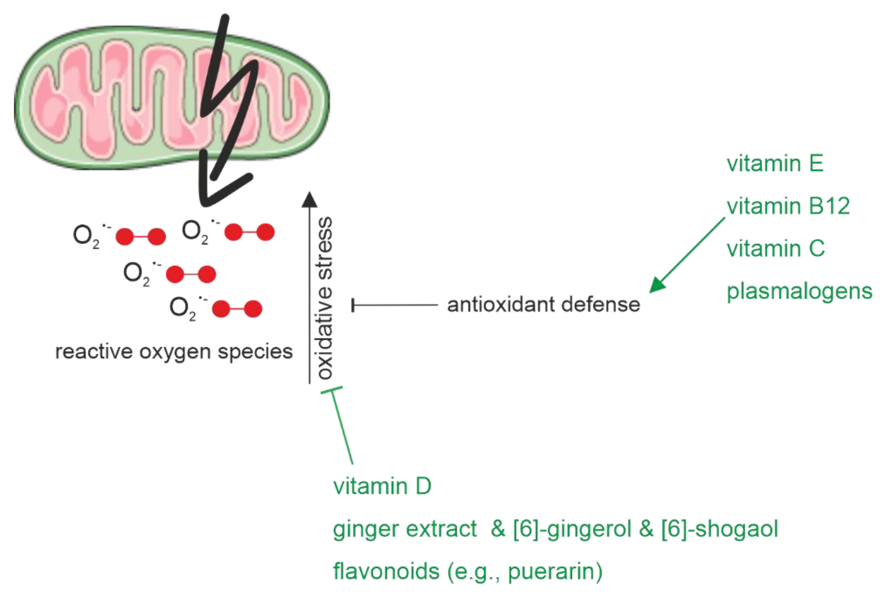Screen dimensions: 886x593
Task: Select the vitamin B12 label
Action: pyautogui.click(x=788, y=206)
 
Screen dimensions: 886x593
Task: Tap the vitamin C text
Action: pyautogui.click(x=776, y=248)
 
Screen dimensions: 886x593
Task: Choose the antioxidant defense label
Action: pyautogui.click(x=543, y=305)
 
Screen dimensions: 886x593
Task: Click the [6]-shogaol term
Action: pyautogui.click(x=720, y=529)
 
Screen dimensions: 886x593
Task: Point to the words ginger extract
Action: pyautogui.click(x=405, y=529)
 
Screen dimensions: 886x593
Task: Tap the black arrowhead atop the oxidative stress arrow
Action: pyautogui.click(x=309, y=200)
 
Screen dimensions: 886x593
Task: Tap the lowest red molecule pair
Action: pyautogui.click(x=237, y=309)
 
